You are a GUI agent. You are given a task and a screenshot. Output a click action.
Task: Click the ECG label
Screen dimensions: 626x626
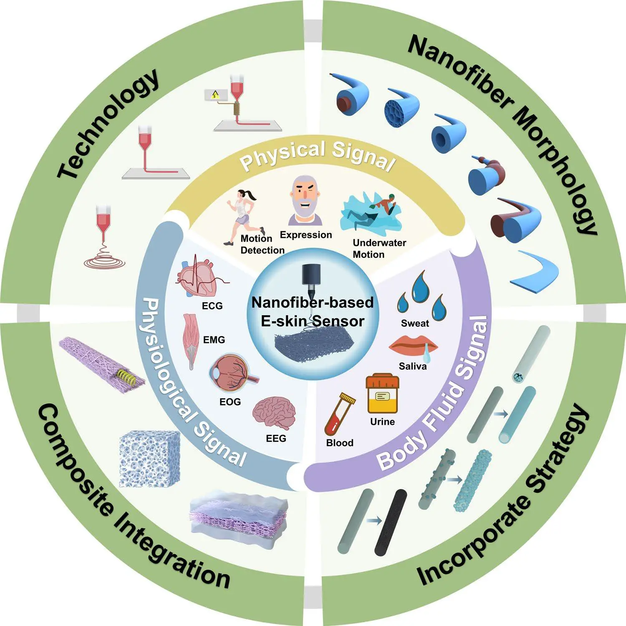point(212,306)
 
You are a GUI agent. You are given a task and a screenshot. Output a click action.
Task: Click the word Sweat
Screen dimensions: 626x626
point(415,323)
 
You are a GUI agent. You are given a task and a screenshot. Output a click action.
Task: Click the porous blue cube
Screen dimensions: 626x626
point(149,459)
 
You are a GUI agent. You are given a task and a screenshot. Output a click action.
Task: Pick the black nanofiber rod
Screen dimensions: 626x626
point(391,522)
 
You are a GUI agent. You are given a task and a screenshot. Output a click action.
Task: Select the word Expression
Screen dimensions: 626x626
point(306,235)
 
